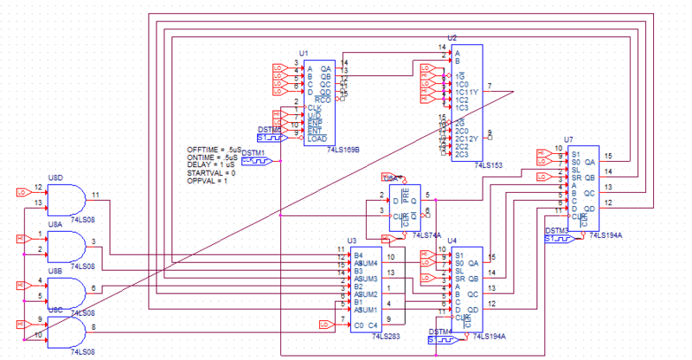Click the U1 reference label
tap(304, 53)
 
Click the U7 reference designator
tap(568, 139)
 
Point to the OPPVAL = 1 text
tap(207, 181)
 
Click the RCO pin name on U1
tap(324, 99)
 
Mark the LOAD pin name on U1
tap(317, 139)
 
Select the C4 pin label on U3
tap(374, 325)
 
